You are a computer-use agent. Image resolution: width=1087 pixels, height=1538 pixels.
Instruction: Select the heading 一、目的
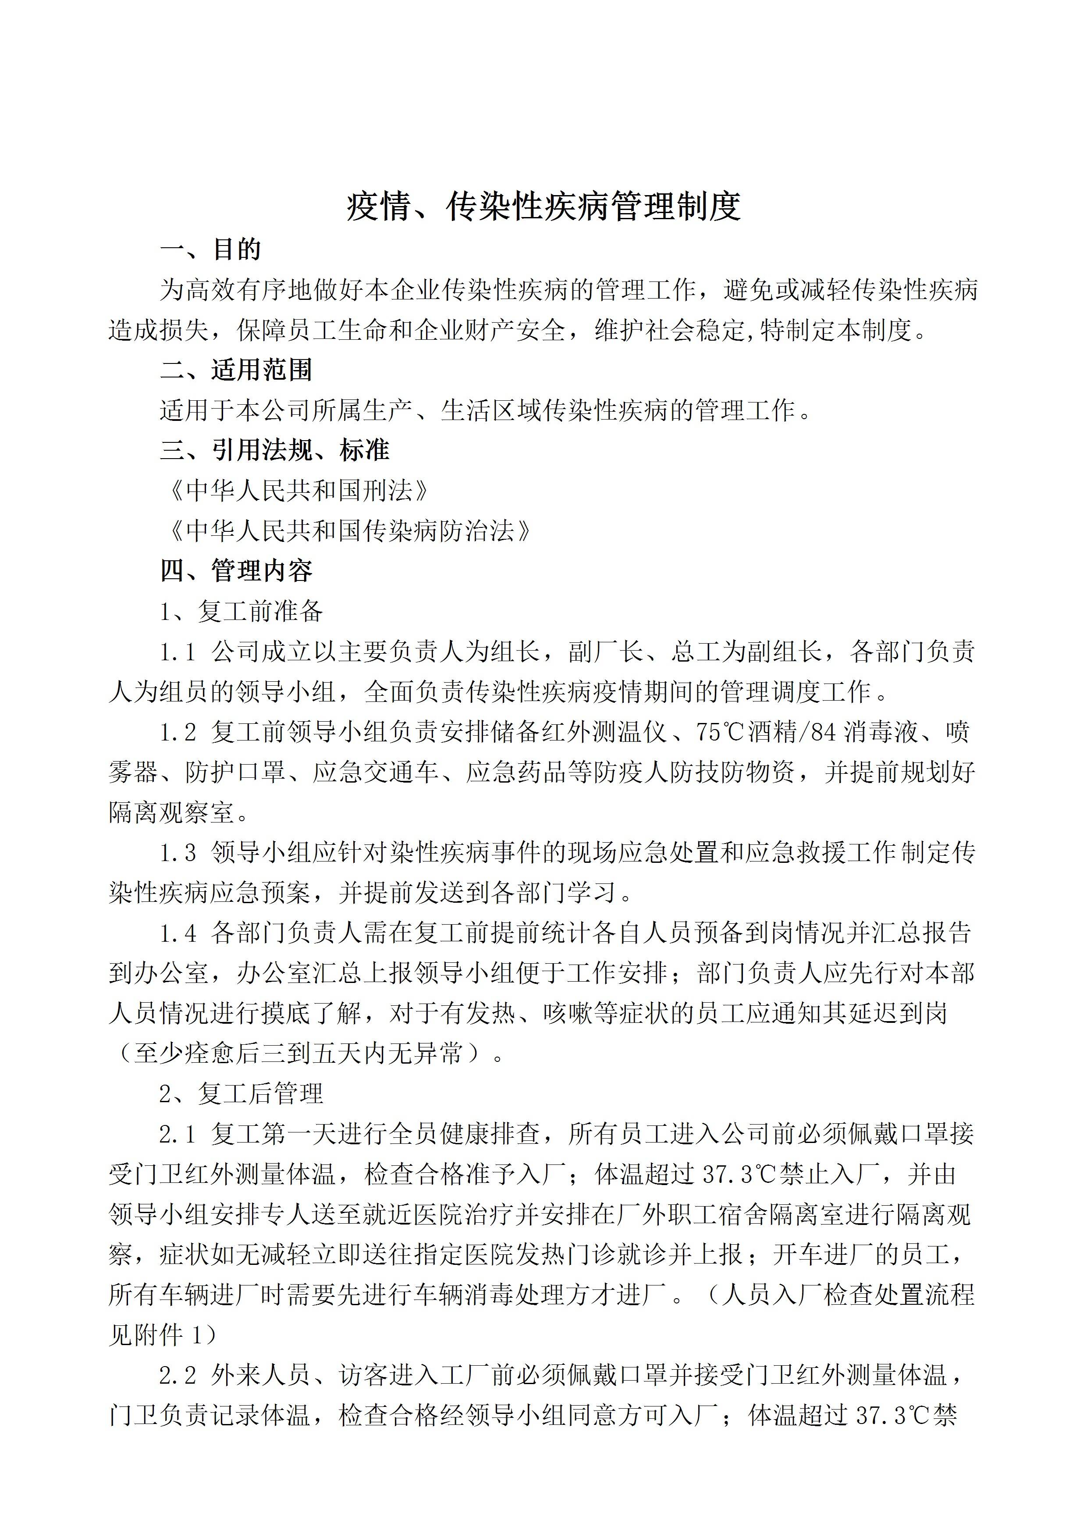click(x=210, y=250)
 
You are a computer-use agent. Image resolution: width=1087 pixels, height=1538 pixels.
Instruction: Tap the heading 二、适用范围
click(x=236, y=370)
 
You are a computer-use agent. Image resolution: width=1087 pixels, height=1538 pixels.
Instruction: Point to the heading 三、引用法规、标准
click(x=274, y=450)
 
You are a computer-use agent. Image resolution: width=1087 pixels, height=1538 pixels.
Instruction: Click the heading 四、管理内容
click(x=236, y=571)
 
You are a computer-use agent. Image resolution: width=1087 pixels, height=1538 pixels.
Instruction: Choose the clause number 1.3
click(x=178, y=853)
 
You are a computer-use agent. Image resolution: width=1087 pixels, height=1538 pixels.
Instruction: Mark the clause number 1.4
click(x=178, y=933)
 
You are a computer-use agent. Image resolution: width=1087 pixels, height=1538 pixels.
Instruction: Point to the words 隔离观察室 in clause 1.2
click(x=171, y=812)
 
